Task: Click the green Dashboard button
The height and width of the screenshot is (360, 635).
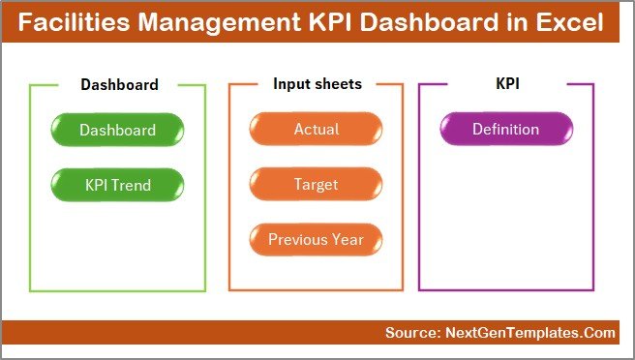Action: coord(117,130)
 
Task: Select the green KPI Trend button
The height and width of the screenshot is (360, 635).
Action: coord(117,184)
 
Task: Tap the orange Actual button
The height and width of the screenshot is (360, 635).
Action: coord(317,130)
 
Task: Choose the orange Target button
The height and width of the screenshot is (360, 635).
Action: coord(317,184)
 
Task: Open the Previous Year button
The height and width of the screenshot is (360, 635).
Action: coord(317,239)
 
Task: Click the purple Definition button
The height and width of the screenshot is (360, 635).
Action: coord(505,130)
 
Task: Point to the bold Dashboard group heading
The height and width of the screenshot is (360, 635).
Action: coord(119,85)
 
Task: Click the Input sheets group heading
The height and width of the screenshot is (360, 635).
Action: coord(317,84)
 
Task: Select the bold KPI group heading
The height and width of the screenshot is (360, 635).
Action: coord(507,84)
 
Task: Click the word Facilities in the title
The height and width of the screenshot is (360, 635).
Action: coord(79,22)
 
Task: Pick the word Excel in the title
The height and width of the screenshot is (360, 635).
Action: coord(574,22)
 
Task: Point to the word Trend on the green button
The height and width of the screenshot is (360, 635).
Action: coord(133,184)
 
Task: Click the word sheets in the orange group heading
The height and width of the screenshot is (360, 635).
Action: coord(339,84)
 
